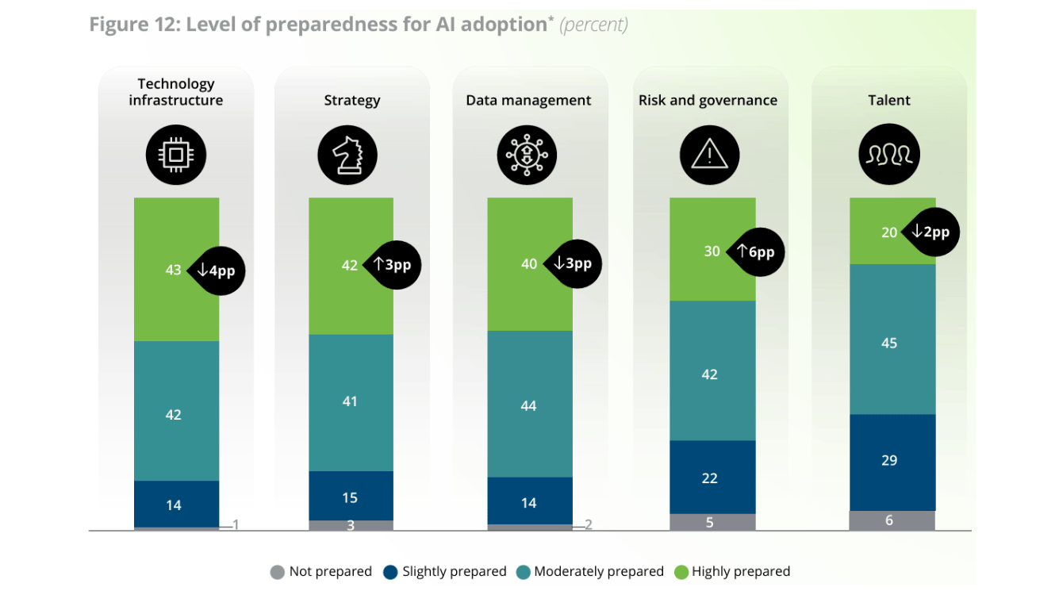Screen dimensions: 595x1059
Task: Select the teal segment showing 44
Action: tap(529, 405)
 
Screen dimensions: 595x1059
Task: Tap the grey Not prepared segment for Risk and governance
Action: tap(712, 522)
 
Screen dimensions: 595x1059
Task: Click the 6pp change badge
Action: tap(754, 252)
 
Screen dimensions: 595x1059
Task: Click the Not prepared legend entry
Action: tap(321, 571)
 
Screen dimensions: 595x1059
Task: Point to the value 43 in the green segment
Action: tap(173, 271)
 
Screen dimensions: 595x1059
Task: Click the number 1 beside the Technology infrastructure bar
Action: tap(235, 524)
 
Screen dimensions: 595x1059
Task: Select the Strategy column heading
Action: tap(351, 101)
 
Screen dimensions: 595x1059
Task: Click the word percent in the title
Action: tap(593, 25)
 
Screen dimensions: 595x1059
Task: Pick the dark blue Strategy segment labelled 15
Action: tap(351, 497)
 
